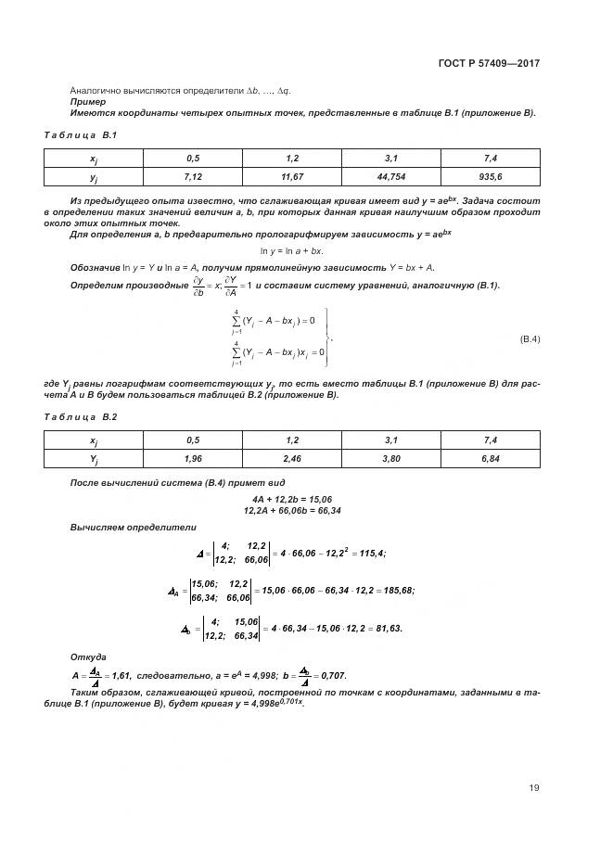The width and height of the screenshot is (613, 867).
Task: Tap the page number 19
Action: [x=534, y=788]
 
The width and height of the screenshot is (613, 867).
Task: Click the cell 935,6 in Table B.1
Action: [x=492, y=175]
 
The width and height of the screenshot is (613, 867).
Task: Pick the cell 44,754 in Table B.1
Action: [x=393, y=175]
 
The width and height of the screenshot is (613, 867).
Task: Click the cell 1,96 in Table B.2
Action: [x=194, y=458]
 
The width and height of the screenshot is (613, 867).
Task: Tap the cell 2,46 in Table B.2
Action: [x=293, y=458]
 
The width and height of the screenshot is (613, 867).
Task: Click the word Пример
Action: [x=88, y=102]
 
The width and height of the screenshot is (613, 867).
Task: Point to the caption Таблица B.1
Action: [x=79, y=135]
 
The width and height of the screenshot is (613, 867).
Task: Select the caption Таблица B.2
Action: [x=79, y=418]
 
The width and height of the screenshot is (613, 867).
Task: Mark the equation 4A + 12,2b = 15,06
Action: [x=305, y=500]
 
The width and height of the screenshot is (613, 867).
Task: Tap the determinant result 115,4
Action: [x=370, y=554]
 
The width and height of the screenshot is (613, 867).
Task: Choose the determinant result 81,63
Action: [x=386, y=629]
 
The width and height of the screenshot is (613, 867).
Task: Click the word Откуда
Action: [x=88, y=656]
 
